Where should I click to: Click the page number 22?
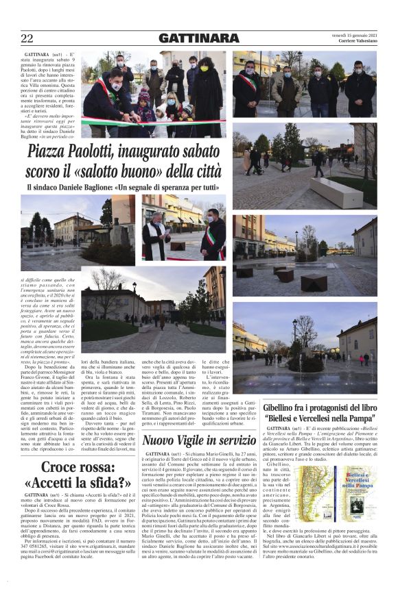(x=27, y=38)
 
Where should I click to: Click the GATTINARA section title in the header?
(x=198, y=38)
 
